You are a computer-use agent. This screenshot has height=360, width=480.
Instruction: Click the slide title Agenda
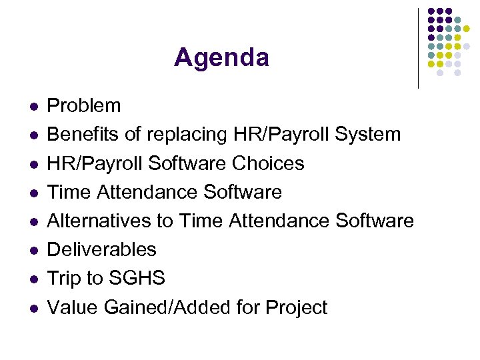point(221,58)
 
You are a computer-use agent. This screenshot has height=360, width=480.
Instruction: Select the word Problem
point(84,105)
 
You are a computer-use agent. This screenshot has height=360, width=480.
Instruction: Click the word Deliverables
point(101,249)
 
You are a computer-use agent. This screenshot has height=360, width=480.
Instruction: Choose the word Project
point(296,308)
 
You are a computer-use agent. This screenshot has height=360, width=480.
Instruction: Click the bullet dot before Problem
point(33,107)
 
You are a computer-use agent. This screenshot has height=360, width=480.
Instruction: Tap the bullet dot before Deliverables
point(33,251)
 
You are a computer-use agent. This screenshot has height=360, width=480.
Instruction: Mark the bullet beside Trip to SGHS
point(33,279)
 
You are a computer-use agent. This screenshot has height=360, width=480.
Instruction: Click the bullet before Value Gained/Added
point(33,308)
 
